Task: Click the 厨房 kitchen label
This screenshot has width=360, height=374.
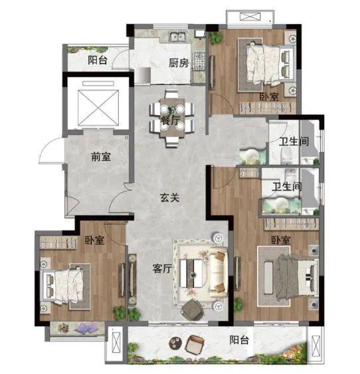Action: click(x=179, y=63)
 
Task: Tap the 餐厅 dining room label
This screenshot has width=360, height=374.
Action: click(x=170, y=120)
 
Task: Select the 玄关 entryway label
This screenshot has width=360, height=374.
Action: click(x=169, y=197)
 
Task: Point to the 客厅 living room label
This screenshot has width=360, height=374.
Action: click(x=162, y=268)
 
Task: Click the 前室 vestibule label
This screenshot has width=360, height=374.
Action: click(x=101, y=157)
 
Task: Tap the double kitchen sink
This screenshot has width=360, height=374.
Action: click(x=178, y=37)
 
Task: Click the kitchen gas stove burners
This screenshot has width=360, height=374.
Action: click(x=199, y=60)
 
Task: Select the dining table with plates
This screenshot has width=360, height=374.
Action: click(x=172, y=118)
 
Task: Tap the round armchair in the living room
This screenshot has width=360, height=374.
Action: click(x=193, y=310)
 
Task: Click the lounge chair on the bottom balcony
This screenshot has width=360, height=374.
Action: click(x=195, y=344)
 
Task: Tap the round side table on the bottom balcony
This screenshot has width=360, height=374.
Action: click(x=175, y=343)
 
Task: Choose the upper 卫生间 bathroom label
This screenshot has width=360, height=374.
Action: click(x=294, y=141)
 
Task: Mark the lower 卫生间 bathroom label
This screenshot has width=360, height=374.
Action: click(x=287, y=186)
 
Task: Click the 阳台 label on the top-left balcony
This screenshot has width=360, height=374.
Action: click(x=97, y=60)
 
